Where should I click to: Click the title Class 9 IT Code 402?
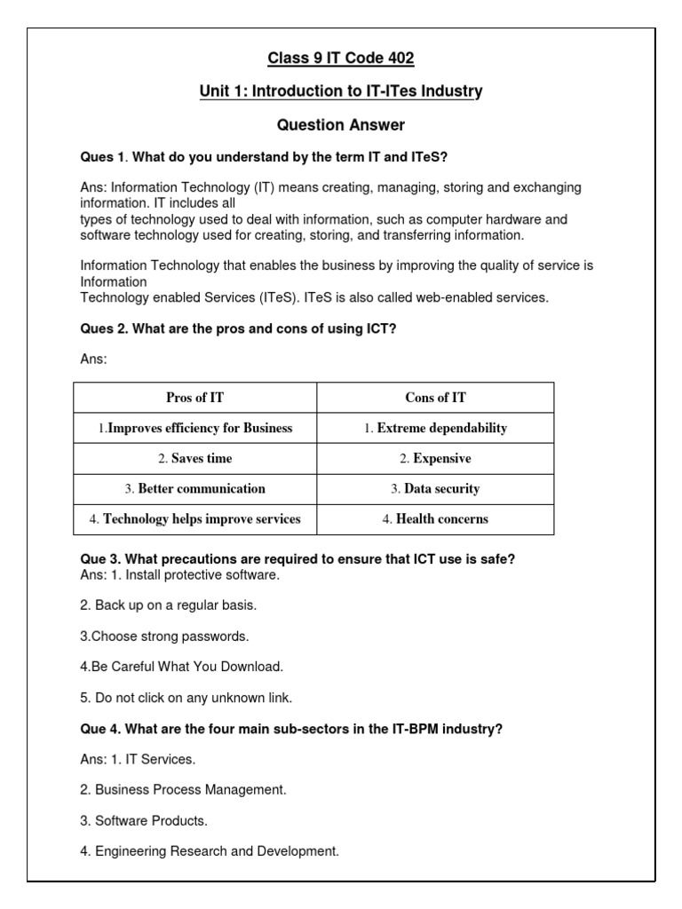(x=341, y=59)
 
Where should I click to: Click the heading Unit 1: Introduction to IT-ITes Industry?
(x=341, y=91)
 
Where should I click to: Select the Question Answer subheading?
(x=341, y=125)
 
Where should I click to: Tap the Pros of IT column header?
(x=194, y=398)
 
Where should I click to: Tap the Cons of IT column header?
(x=435, y=398)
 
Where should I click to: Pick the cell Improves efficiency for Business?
(x=194, y=428)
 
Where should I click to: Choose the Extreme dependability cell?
(x=435, y=428)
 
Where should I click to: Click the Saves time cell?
(x=194, y=459)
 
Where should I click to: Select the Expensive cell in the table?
(x=435, y=459)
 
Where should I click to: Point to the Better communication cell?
(x=194, y=489)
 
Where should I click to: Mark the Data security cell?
(x=435, y=489)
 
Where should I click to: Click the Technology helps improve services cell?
(x=194, y=519)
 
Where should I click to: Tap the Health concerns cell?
(x=435, y=519)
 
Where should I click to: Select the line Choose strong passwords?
(x=164, y=636)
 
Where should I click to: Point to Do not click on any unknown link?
(x=186, y=698)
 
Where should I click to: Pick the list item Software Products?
(x=144, y=821)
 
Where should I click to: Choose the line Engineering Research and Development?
(x=210, y=851)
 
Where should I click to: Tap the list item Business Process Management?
(x=183, y=790)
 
